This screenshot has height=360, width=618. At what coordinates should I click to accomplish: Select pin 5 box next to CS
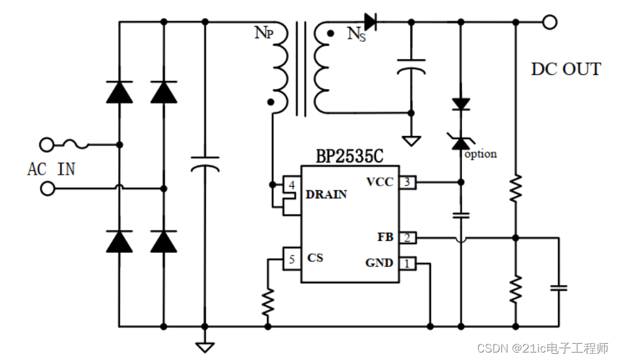(x=291, y=258)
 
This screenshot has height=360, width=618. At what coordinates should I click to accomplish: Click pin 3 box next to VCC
(x=407, y=182)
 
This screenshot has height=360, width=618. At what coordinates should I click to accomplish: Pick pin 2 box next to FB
(x=407, y=238)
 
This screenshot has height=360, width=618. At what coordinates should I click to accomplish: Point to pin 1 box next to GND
(x=407, y=263)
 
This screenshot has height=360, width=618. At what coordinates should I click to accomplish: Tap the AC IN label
(x=51, y=169)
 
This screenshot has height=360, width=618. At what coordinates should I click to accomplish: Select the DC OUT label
(x=566, y=69)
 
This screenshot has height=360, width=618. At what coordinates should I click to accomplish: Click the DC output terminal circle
(x=549, y=22)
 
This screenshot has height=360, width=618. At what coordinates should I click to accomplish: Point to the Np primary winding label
(x=263, y=33)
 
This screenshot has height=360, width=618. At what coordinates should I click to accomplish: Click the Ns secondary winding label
(x=356, y=34)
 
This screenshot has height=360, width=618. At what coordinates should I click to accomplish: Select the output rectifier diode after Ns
(x=370, y=22)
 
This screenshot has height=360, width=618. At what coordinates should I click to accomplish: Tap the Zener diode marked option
(x=461, y=142)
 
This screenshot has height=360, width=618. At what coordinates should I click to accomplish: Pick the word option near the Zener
(x=480, y=153)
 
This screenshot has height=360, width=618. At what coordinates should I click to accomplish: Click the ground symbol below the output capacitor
(x=411, y=140)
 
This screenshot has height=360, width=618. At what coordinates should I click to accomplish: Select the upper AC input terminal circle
(x=47, y=145)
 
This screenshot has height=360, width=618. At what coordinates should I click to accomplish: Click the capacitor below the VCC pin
(x=461, y=215)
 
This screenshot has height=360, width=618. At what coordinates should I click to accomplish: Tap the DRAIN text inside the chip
(x=326, y=195)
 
